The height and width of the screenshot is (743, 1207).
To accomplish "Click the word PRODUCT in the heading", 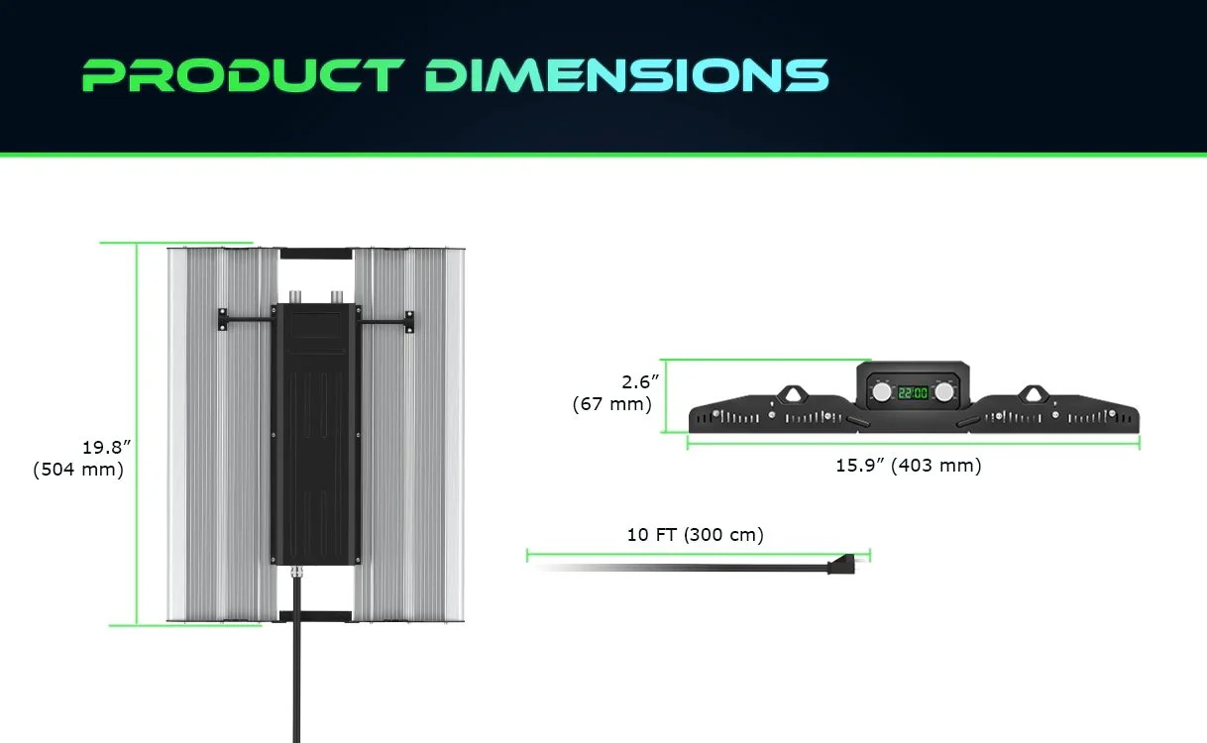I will tap(244, 75).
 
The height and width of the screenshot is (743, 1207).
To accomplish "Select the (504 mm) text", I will tap(78, 470).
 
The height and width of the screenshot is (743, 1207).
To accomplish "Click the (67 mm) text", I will tap(611, 404).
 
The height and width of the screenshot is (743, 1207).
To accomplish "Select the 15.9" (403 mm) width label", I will tap(908, 466).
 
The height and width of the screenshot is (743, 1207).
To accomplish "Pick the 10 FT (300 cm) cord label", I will tap(695, 535).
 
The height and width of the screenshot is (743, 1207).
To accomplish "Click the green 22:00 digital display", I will tap(913, 392).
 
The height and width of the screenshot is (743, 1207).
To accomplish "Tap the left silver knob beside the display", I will tap(880, 392).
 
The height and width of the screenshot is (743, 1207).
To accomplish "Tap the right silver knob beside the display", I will tap(945, 392).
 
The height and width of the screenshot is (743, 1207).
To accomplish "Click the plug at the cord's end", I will tap(840, 567).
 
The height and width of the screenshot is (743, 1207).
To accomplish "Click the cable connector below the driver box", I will tap(295, 574).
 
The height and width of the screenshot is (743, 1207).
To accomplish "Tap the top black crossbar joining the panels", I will tap(315, 253).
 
